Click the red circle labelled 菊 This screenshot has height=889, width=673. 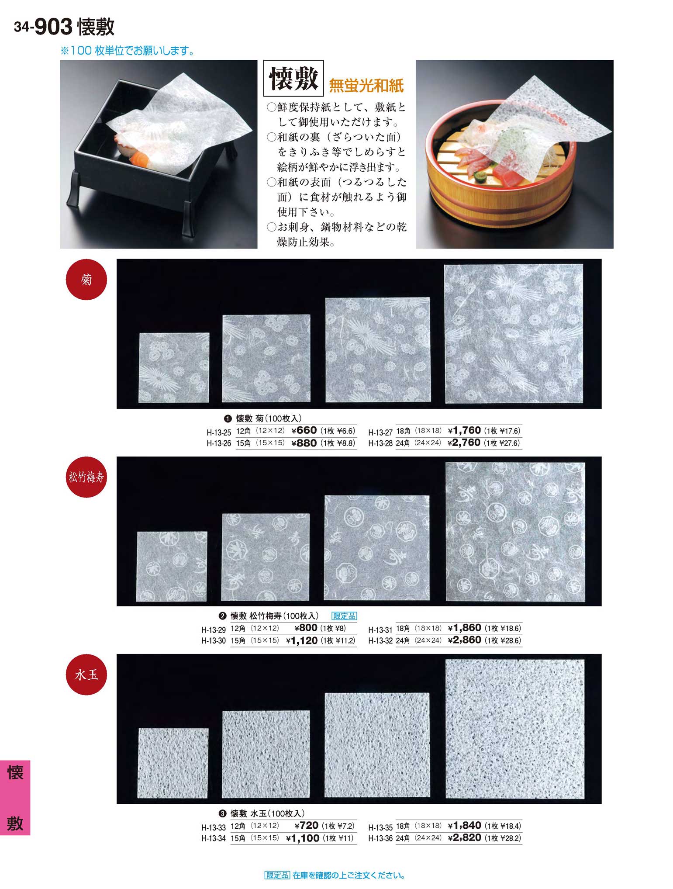click(x=86, y=279)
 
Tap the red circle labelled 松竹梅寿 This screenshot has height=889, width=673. click(x=86, y=477)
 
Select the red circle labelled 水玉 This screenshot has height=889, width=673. click(x=86, y=675)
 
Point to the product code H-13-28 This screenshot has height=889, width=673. click(x=380, y=443)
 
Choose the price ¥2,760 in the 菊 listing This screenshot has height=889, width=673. click(x=464, y=443)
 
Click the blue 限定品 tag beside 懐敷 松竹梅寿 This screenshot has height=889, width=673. click(x=345, y=616)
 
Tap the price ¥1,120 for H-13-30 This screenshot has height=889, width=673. click(x=302, y=640)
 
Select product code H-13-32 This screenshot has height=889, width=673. click(x=380, y=641)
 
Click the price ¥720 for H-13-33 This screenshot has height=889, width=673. click(x=307, y=826)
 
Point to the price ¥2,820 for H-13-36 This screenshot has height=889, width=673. click(x=464, y=837)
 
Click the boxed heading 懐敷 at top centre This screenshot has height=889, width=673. click(x=293, y=79)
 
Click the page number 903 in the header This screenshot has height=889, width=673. click(x=53, y=27)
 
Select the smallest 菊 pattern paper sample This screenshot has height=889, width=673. click(x=174, y=367)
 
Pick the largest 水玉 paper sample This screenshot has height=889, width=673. click(x=515, y=730)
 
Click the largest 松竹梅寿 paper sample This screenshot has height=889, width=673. click(x=515, y=532)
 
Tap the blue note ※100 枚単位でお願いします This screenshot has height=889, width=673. click(x=127, y=51)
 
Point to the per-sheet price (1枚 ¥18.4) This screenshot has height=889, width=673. click(x=503, y=826)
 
